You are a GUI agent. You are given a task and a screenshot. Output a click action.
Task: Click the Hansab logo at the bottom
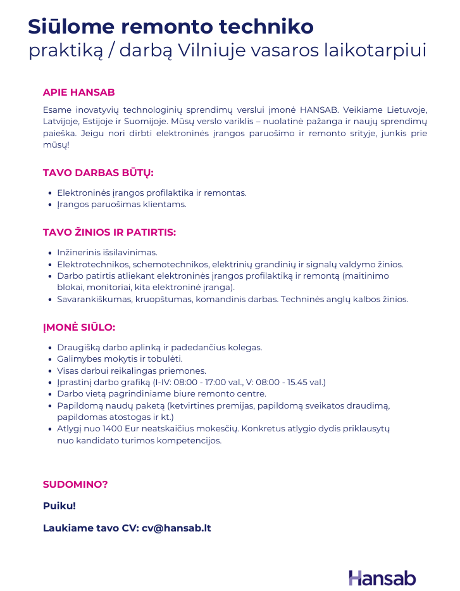tap(382, 578)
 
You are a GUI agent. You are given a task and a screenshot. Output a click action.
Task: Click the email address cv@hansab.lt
tap(176, 528)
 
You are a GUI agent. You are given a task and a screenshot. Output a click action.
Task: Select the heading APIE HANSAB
tap(78, 92)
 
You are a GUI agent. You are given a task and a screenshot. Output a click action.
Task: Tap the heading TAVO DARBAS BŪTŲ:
tap(98, 173)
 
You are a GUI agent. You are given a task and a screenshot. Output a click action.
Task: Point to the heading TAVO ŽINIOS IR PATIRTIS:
tap(109, 232)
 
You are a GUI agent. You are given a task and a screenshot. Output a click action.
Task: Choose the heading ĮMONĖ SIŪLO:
tap(78, 327)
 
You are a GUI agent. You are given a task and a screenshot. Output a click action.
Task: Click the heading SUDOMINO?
tap(75, 485)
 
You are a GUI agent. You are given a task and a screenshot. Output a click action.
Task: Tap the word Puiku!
tap(59, 506)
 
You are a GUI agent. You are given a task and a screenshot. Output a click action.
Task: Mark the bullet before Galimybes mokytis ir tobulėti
tap(50, 359)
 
